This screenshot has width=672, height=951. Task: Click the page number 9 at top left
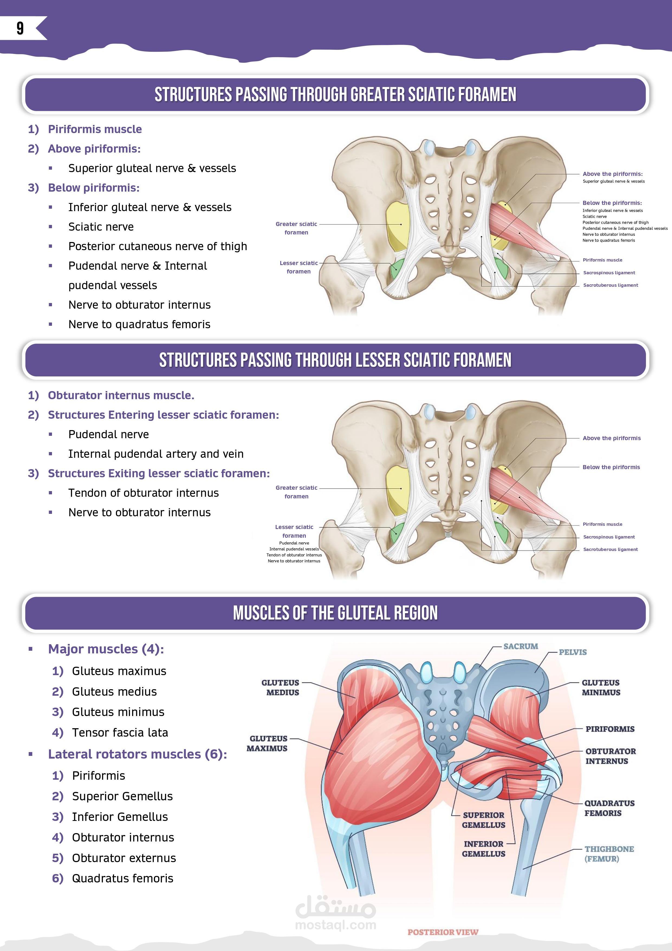[x=20, y=28]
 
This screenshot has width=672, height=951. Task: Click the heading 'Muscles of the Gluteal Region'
[x=335, y=613]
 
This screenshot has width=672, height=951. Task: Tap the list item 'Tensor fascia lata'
[x=120, y=733]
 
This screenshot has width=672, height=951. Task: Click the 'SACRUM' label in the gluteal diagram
[x=521, y=647]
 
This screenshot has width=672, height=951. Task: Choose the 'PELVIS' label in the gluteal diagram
[x=573, y=652]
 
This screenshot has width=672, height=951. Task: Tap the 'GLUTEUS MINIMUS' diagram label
[x=601, y=688]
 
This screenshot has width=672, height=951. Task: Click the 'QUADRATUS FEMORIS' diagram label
[x=609, y=808]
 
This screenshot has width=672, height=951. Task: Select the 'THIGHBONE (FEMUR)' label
[x=609, y=854]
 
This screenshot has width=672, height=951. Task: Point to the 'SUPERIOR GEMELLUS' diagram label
[x=483, y=820]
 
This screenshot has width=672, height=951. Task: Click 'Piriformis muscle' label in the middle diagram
[x=602, y=524]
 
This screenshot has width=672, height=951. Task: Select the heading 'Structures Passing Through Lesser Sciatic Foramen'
[x=335, y=360]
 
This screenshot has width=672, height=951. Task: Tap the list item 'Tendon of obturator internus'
[x=144, y=493]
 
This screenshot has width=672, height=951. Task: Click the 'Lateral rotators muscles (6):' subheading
[x=138, y=754]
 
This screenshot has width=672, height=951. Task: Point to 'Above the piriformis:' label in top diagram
[x=613, y=174]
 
